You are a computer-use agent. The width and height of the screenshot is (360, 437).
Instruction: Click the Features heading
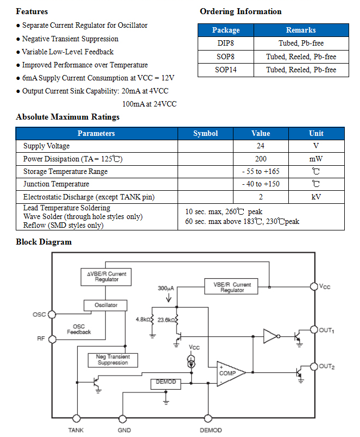click(x=31, y=11)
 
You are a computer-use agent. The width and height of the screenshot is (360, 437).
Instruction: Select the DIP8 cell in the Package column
click(x=225, y=43)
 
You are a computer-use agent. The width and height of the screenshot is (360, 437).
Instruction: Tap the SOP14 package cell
click(x=225, y=70)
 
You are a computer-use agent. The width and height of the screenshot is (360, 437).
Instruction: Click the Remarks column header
click(x=301, y=30)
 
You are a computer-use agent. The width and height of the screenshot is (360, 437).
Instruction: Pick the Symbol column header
click(x=205, y=133)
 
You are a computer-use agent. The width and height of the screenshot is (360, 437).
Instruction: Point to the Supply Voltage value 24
click(x=261, y=146)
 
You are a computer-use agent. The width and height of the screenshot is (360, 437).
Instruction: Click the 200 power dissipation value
click(x=261, y=159)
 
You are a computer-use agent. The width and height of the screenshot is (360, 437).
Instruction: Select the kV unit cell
click(x=316, y=197)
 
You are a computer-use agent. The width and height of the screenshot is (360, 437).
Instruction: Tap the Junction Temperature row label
click(x=56, y=184)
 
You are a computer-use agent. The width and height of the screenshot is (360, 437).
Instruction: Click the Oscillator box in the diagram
click(x=105, y=305)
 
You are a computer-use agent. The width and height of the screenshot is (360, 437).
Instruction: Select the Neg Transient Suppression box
click(x=113, y=360)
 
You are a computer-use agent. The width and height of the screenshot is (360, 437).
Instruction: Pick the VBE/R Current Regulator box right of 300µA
click(x=231, y=286)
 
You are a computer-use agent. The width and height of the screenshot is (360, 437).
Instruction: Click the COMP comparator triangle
click(x=231, y=373)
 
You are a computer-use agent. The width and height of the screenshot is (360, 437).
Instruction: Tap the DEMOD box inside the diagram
click(x=166, y=384)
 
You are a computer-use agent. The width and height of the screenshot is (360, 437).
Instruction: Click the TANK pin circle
click(x=76, y=419)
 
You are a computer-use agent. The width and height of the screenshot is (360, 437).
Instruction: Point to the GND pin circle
click(x=123, y=419)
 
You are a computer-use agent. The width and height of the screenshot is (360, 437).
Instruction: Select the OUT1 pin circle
click(x=314, y=329)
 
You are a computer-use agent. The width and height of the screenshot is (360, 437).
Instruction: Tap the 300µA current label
click(x=166, y=288)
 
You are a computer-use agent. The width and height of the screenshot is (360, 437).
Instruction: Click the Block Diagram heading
click(x=44, y=242)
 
